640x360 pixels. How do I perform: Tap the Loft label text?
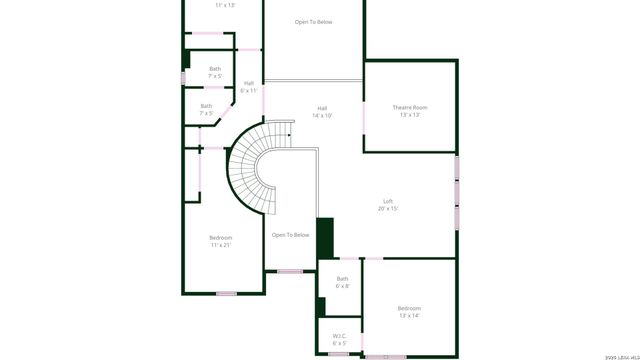coord(388,201)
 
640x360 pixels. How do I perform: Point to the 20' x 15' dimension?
coord(388,209)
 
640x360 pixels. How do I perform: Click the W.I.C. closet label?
coord(339,336)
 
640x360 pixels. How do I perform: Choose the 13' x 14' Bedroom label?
coord(409,312)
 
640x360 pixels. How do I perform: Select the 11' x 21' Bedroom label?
coord(220,241)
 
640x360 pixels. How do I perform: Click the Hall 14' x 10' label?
coord(322,112)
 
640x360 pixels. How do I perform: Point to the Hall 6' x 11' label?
coord(248,87)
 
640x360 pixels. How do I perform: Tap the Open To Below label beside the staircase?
coord(290,235)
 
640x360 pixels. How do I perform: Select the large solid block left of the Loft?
coord(324,239)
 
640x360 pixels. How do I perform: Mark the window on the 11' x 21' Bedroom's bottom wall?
coord(226,293)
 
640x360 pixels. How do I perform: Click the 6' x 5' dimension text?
coord(339,343)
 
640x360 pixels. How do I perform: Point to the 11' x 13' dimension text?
coord(225,5)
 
